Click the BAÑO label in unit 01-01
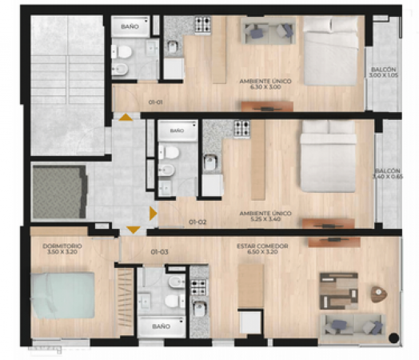pos(130,26)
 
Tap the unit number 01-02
pos(198,222)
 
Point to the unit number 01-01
pos(156,102)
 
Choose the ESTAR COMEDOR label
pos(263,249)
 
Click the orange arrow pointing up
pos(126,118)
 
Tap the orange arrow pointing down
pos(133,230)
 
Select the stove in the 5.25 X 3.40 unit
pos(241,126)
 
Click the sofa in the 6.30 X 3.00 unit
pos(267,32)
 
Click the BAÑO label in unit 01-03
pos(162,326)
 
